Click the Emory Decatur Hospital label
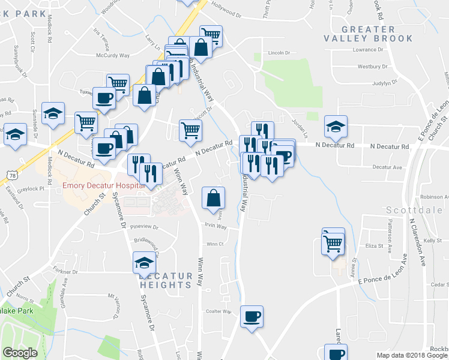[x=104, y=185]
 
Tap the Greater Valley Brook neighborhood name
[x=376, y=34]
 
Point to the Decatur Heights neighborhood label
[x=166, y=280]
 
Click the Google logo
[x=20, y=353]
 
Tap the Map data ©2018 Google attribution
[x=412, y=355]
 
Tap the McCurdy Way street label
[x=113, y=55]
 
